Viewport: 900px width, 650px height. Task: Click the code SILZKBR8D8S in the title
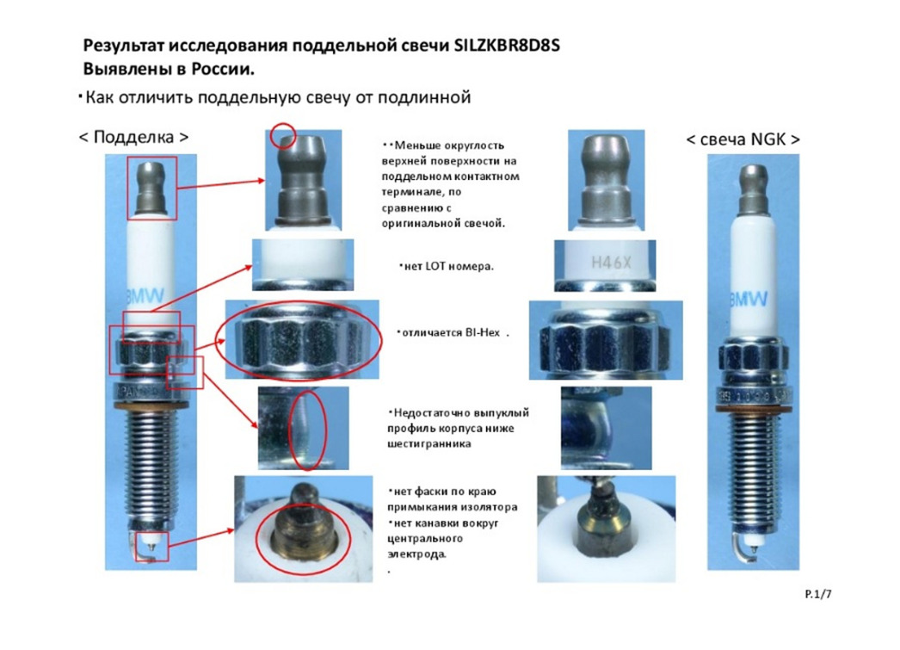[507, 46]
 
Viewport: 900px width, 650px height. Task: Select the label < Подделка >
[133, 138]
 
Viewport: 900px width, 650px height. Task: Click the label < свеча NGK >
[743, 139]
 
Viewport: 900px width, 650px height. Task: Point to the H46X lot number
[611, 263]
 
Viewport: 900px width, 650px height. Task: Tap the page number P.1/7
[818, 594]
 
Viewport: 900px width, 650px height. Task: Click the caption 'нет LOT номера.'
[446, 266]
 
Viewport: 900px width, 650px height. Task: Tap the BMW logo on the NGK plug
[749, 300]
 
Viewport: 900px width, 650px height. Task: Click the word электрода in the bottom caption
[416, 554]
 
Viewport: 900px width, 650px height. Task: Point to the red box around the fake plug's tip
[152, 546]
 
